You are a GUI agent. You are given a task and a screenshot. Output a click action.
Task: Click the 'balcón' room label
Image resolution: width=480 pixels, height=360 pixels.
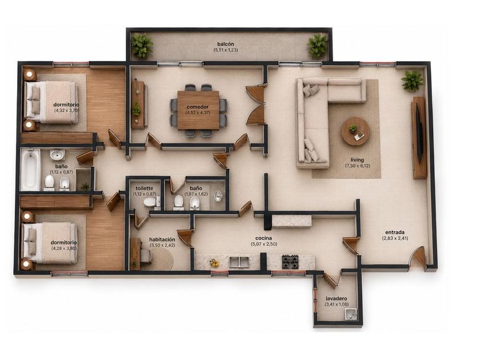point(226,44)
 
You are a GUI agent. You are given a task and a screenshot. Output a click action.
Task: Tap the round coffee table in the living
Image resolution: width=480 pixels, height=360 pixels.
point(355,131)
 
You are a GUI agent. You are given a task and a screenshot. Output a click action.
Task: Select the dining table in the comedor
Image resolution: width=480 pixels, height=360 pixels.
point(198,110)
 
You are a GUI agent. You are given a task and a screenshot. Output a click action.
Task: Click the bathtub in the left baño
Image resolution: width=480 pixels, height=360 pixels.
point(31,170)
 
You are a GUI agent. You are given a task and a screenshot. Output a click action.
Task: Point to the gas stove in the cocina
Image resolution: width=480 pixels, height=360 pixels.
point(290,262)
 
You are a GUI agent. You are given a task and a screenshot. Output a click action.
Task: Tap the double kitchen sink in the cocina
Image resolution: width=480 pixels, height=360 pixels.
point(239,262)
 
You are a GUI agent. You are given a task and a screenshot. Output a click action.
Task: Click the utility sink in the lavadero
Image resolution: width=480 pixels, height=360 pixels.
point(351,314)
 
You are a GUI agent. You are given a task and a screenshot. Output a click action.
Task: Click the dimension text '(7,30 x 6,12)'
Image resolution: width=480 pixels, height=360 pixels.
point(357,166)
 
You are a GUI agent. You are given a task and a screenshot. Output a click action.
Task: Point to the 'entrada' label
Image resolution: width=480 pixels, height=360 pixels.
point(395,233)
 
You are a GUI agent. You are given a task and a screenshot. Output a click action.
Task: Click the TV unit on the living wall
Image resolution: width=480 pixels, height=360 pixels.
point(419,138)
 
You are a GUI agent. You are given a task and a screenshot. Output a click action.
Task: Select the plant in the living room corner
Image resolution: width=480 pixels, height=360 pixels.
point(413,80)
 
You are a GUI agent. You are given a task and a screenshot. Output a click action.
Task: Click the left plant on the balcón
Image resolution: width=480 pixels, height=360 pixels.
point(142,46)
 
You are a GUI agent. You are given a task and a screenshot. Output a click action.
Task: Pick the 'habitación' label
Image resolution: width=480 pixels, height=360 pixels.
point(162,239)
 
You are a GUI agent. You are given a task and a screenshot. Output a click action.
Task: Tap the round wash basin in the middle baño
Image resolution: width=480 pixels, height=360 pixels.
point(218,195)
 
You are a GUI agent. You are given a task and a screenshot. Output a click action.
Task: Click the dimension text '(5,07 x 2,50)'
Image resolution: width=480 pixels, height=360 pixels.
point(264,244)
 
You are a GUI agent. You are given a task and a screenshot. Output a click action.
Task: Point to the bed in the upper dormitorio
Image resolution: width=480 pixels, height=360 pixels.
point(51,102)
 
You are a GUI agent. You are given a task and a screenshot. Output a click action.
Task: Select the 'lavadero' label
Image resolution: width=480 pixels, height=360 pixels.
point(336,298)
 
